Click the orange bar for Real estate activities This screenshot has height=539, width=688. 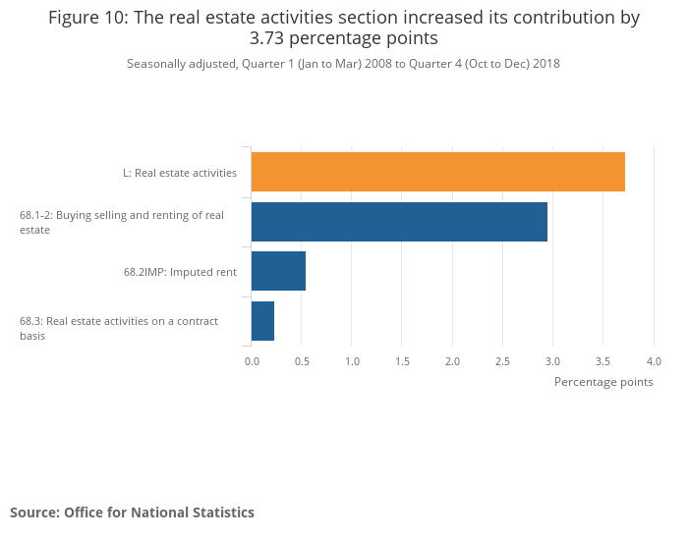(438, 172)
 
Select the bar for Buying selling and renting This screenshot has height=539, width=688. (399, 222)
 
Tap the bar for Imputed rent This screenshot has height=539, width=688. (278, 271)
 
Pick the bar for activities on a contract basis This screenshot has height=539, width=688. (262, 321)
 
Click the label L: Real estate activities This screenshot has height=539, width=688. (180, 173)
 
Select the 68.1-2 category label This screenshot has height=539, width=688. (122, 222)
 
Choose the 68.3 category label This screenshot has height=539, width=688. (119, 328)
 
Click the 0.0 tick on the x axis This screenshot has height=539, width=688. (252, 362)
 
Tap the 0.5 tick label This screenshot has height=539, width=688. (302, 362)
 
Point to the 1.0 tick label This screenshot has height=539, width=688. (352, 362)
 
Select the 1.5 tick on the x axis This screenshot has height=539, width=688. (402, 362)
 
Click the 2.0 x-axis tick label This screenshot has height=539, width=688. (452, 362)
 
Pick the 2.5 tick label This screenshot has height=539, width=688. (502, 362)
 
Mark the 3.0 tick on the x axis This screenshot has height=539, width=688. (553, 362)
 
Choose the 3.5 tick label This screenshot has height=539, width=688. (603, 362)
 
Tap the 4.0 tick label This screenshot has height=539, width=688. (654, 362)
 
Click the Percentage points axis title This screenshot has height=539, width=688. (603, 382)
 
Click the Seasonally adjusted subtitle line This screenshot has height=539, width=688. (343, 64)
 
